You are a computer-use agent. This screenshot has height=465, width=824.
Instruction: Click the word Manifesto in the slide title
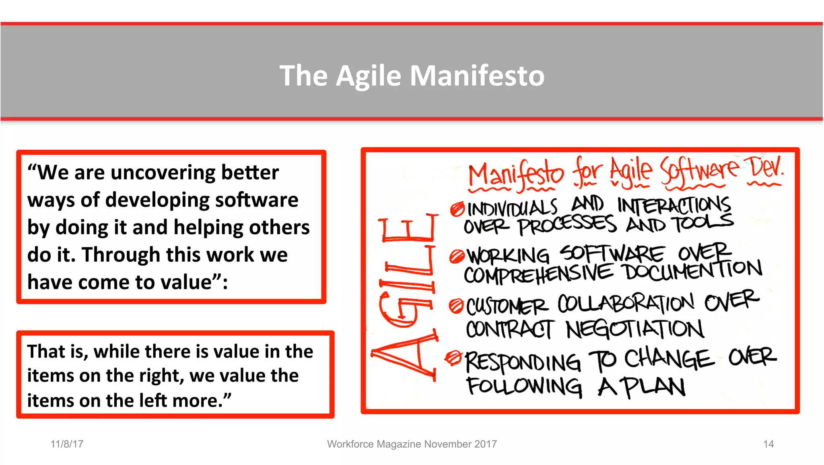[477, 76]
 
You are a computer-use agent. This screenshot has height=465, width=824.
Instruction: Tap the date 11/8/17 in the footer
[67, 444]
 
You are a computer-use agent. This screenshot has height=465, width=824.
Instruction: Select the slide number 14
[768, 444]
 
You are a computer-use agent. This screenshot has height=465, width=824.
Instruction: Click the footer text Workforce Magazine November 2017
[412, 444]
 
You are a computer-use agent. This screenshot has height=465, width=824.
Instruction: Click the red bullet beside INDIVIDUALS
[457, 209]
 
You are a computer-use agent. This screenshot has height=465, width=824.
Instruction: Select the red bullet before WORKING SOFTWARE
[457, 256]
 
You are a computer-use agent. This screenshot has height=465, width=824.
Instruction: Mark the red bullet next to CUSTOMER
[456, 306]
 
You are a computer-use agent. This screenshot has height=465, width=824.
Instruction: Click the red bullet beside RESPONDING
[453, 357]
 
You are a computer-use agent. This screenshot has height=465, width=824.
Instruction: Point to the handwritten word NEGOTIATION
[634, 330]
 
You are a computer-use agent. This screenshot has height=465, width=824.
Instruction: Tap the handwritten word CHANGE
[668, 358]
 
